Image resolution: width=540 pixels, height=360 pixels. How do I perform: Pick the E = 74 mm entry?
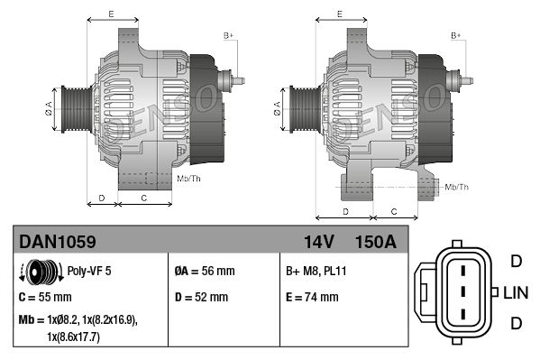coord(312,297)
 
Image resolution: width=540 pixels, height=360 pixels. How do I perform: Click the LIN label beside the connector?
coord(516,292)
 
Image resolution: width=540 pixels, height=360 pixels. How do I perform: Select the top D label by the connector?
coord(516,262)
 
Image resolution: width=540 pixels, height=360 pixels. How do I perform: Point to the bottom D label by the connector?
coord(516,323)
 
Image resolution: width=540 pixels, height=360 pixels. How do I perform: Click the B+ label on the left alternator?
coord(228,35)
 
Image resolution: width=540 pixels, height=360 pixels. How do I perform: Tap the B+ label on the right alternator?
coord(456,35)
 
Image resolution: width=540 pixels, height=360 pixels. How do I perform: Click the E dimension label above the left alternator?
coord(110,15)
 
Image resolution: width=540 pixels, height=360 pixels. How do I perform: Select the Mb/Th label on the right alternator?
coord(456,187)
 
